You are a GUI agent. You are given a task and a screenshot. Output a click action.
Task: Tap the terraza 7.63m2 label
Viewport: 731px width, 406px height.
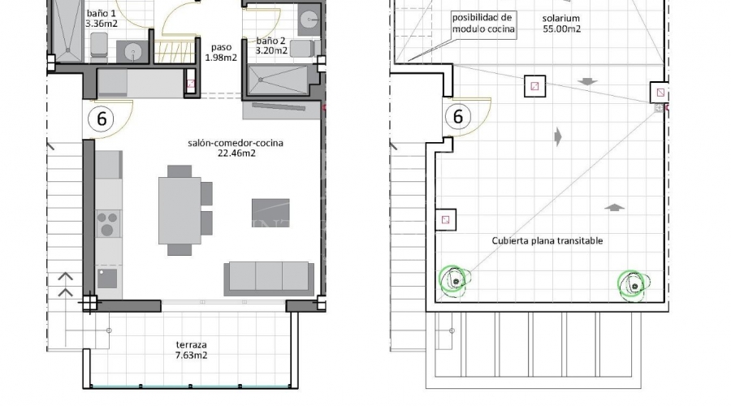tap(191, 350)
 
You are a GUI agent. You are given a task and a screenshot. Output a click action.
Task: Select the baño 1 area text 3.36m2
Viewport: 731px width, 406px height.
tap(102, 24)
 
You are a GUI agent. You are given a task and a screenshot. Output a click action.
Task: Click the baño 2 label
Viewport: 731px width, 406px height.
tap(270, 41)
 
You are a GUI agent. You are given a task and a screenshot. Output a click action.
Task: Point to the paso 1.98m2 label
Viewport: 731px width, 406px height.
tap(221, 52)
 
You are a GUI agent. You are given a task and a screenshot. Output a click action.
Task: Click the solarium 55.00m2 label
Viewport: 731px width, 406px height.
tap(561, 24)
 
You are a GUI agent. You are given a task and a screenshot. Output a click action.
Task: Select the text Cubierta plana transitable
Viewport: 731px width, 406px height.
tap(547, 240)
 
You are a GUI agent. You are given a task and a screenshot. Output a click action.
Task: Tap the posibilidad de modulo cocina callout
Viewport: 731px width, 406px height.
tap(483, 24)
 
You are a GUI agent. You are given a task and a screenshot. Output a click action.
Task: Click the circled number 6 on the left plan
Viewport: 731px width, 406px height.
tap(102, 119)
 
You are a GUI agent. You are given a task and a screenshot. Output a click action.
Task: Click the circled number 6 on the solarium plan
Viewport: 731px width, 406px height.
tap(458, 116)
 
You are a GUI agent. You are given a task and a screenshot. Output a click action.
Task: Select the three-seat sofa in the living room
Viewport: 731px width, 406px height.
tap(269, 279)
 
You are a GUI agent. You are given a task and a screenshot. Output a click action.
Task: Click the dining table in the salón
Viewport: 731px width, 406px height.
tap(180, 210)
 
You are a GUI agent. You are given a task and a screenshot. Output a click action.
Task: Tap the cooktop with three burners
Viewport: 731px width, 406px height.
tap(108, 224)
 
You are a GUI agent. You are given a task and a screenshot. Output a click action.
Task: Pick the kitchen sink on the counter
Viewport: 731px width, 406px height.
tap(107, 279)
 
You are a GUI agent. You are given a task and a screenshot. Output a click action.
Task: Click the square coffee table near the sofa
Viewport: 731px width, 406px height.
tap(270, 213)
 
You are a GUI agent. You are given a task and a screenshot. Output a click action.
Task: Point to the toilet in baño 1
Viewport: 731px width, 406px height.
tap(99, 46)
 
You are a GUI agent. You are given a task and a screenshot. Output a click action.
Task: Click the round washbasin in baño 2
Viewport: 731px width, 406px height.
tap(309, 19)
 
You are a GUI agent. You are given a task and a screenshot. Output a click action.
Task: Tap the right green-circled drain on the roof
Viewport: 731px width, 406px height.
tap(633, 284)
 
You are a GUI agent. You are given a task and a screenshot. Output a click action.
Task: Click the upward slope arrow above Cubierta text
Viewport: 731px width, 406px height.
tap(615, 207)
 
